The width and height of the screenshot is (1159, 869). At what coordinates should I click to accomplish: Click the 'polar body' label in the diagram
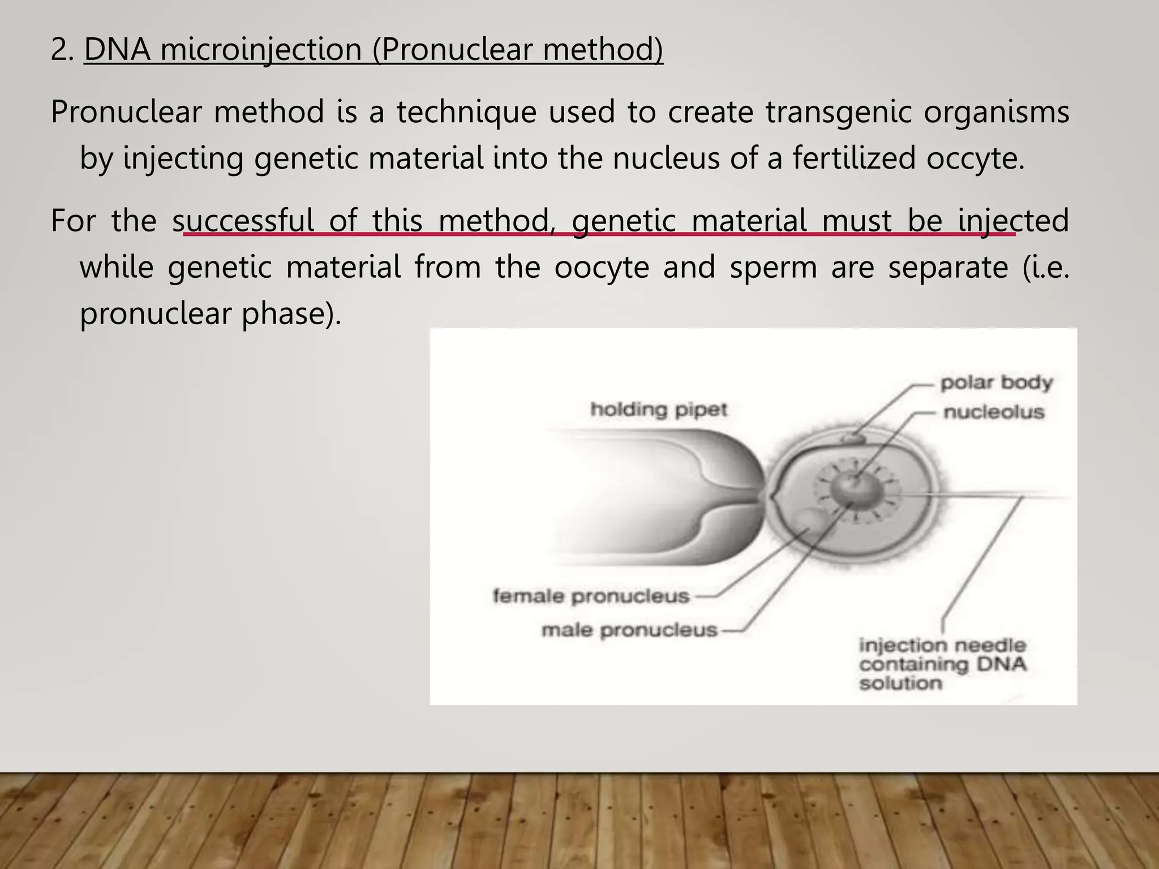[x=996, y=383]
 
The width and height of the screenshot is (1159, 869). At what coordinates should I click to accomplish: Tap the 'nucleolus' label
[x=994, y=412]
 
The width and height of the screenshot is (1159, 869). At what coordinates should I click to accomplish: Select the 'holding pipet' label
[x=659, y=409]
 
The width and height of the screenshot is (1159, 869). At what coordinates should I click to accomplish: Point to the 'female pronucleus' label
[x=591, y=596]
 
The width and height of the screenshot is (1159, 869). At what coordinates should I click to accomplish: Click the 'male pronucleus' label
[x=629, y=630]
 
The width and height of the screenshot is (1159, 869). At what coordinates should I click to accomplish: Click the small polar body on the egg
[x=853, y=437]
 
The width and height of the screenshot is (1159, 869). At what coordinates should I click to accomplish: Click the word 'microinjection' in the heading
[x=261, y=49]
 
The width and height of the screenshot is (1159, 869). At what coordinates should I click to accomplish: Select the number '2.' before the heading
[x=62, y=49]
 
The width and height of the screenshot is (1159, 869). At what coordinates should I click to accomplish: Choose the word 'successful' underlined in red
[x=243, y=220]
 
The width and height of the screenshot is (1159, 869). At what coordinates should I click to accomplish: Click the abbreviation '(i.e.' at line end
[x=1046, y=266]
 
